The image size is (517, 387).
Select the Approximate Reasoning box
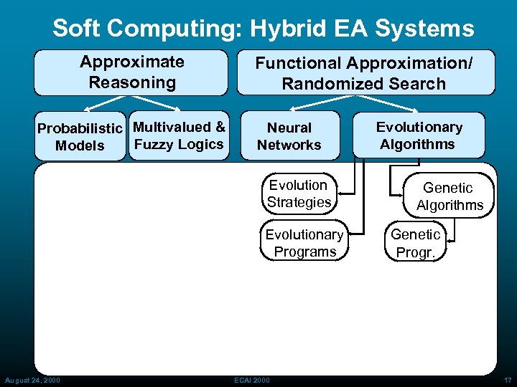coord(131,72)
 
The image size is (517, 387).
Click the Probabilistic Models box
coord(80,137)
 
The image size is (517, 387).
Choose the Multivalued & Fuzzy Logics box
coord(180,136)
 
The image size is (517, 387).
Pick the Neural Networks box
coord(289,136)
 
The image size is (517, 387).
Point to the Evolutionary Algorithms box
coord(419,135)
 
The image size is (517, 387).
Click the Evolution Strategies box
coord(299,193)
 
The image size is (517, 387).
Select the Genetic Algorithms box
coord(450,196)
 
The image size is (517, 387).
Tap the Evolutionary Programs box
coord(304,243)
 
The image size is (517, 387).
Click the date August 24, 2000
coord(32,380)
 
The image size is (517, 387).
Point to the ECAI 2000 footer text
coord(251,380)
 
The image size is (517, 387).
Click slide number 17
coord(507,380)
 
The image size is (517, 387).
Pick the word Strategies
coord(299,202)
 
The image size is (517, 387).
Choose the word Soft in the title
coord(76,29)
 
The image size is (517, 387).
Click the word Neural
coord(289,128)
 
